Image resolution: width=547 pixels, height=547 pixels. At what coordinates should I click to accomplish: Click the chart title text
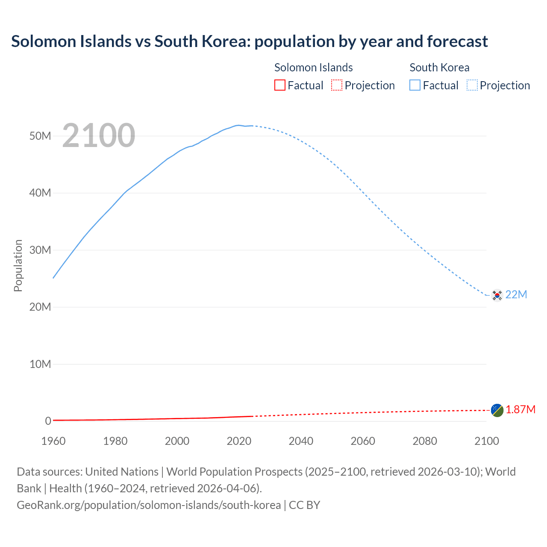249,41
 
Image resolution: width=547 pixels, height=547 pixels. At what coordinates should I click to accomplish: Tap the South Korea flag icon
497,295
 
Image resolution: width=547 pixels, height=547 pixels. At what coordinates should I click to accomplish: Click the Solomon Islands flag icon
497,410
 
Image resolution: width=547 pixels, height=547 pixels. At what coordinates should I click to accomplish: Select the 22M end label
516,295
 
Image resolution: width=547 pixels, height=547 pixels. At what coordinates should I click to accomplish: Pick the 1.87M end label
521,410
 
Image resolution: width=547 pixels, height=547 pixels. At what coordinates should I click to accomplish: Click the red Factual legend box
280,85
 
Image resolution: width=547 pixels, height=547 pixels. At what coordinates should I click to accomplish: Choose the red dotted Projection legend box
337,85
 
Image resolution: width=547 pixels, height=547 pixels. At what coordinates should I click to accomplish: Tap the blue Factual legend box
415,85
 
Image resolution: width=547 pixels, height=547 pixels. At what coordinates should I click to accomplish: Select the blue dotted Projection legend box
472,85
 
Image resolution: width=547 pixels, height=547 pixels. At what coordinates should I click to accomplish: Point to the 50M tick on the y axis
40,136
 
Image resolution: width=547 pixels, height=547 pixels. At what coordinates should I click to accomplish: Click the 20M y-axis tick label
40,307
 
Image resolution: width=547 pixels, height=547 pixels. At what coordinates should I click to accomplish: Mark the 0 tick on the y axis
48,421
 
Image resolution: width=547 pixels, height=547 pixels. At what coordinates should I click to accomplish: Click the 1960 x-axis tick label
53,441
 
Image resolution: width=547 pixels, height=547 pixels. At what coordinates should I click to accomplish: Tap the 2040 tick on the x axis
301,441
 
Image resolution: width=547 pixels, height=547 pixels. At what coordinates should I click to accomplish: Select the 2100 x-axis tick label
486,441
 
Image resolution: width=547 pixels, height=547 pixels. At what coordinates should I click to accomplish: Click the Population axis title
18,265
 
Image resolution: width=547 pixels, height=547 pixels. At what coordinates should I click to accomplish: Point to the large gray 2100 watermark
99,135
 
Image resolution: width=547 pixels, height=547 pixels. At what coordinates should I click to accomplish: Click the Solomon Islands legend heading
313,68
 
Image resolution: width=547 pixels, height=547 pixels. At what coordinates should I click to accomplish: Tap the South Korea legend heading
439,68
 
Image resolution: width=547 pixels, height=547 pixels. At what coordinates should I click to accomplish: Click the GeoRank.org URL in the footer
149,505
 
